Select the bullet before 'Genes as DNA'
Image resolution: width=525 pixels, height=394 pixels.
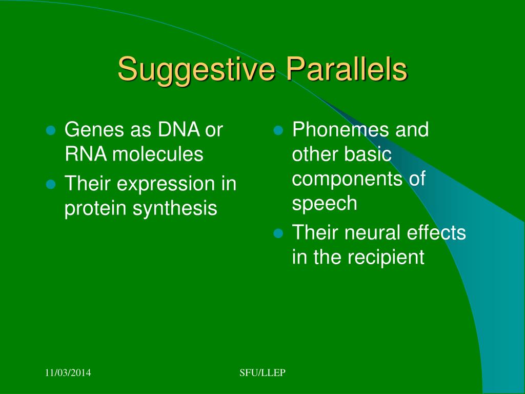pos(51,130)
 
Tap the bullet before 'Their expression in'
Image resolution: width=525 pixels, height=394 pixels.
pos(51,184)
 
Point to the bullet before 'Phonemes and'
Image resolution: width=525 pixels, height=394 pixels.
pos(278,130)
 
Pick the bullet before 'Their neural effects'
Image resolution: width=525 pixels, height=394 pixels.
pos(278,233)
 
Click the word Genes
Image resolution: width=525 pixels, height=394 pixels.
pos(94,129)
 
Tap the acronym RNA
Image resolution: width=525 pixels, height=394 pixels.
pos(86,154)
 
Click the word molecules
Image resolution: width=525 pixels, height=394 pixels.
pos(158,154)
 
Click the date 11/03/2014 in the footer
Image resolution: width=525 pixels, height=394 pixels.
pos(68,372)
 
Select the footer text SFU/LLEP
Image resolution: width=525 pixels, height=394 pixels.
pos(262,372)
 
